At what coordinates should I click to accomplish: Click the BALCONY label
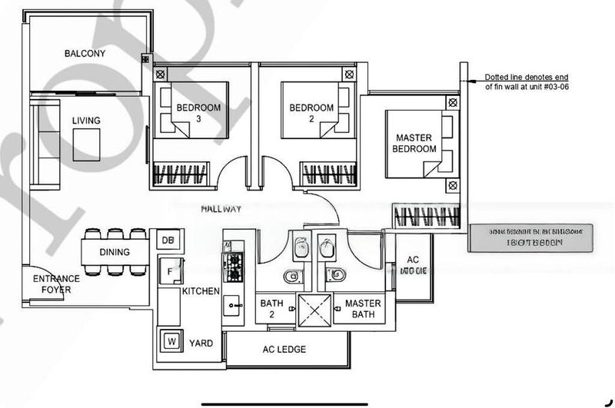[85, 54]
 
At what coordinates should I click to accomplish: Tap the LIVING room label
[86, 121]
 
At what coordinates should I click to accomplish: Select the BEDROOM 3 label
[198, 113]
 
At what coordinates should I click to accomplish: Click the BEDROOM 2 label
[311, 113]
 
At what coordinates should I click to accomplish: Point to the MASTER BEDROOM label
[414, 143]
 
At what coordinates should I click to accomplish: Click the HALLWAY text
[221, 209]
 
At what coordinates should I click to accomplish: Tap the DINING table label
[115, 252]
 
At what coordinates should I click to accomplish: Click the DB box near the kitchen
[167, 240]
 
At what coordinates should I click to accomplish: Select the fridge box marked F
[165, 271]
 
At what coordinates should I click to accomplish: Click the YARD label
[201, 343]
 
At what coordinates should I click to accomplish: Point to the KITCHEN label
[201, 291]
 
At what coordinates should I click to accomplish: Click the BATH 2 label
[271, 309]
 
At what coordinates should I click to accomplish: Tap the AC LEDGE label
[284, 350]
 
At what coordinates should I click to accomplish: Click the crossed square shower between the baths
[314, 310]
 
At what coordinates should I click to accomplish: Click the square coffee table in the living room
[87, 144]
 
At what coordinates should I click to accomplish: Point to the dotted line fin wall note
[527, 83]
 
